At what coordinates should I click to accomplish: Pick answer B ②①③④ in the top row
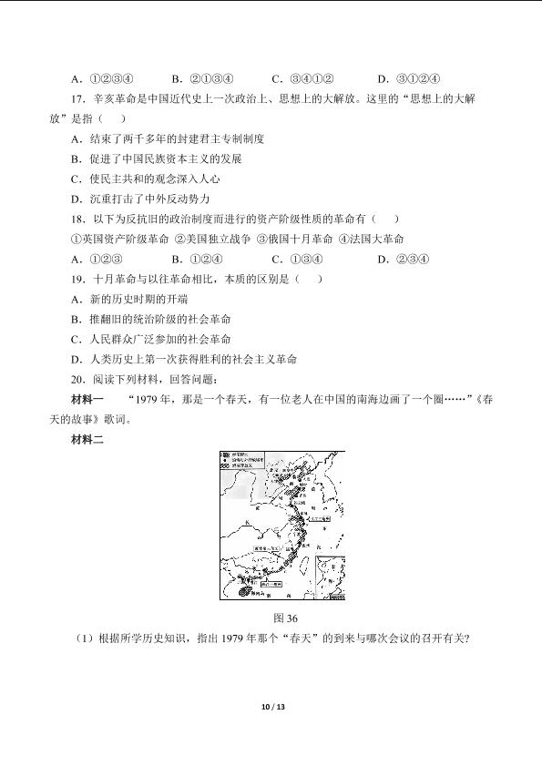(x=203, y=79)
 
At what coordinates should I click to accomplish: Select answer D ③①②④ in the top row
(x=409, y=79)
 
